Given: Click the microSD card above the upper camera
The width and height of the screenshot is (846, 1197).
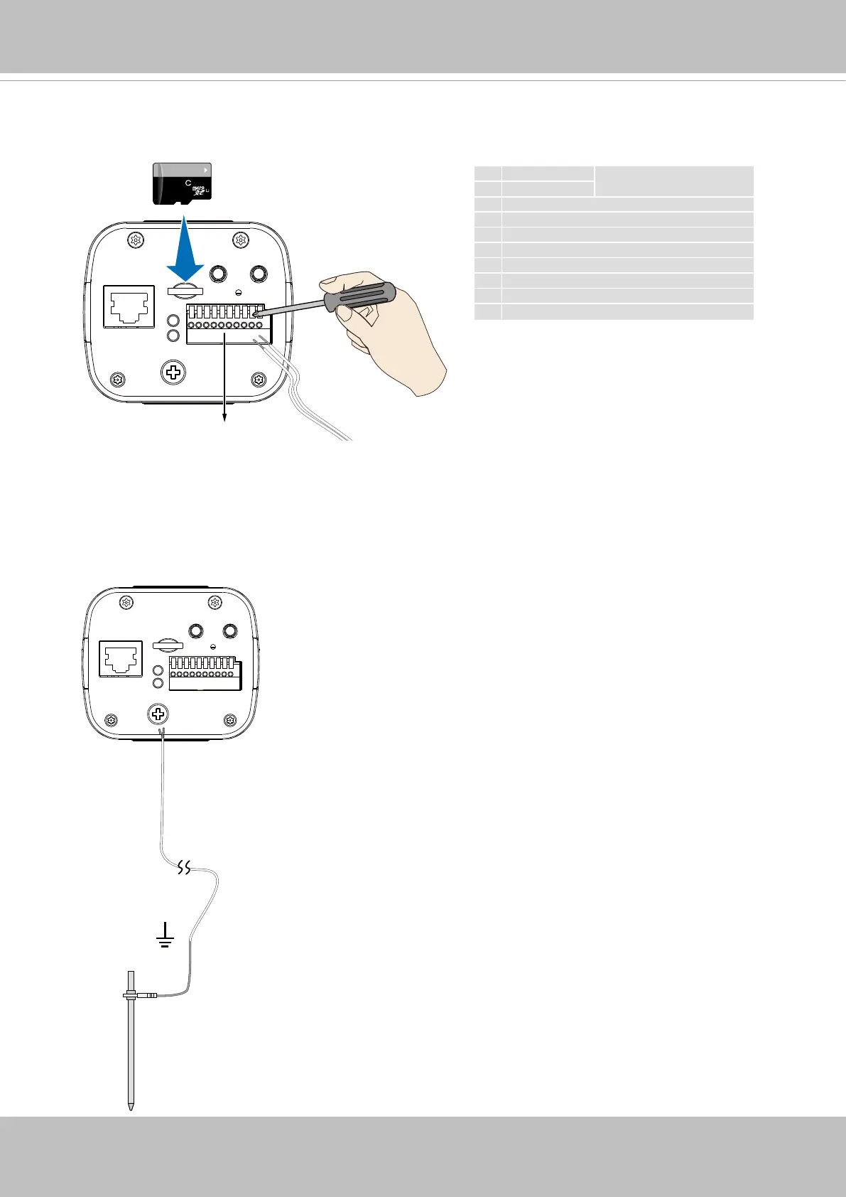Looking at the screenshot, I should (183, 183).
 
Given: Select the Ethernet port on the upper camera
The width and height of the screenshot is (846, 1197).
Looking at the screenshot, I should (129, 306).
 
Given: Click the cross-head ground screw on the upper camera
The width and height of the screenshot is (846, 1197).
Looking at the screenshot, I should (171, 372).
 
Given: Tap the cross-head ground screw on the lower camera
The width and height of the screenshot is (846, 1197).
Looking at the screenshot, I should (158, 713).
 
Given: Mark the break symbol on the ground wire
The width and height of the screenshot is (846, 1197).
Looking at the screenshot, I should (184, 868).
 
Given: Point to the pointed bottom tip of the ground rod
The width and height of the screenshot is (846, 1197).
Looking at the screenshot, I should (131, 1106).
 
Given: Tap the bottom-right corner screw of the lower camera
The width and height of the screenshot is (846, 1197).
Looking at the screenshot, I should (229, 721).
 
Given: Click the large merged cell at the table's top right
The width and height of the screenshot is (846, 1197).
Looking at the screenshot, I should (673, 181).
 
